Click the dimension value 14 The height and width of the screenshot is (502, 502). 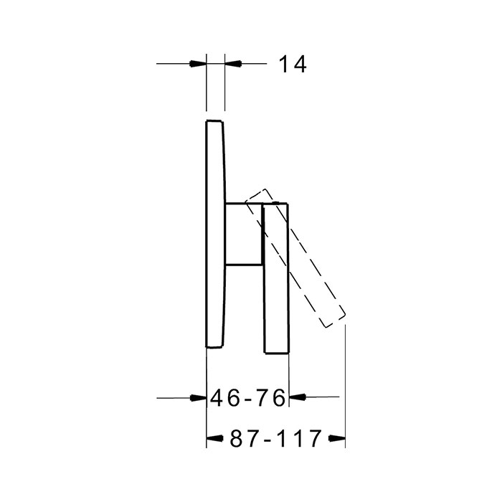pyautogui.click(x=293, y=64)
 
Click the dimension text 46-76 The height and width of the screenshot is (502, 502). pyautogui.click(x=248, y=398)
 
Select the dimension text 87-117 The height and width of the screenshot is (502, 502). pyautogui.click(x=275, y=438)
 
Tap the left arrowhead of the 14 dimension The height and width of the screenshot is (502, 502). pyautogui.click(x=198, y=63)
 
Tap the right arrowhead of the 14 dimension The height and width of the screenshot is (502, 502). pyautogui.click(x=233, y=63)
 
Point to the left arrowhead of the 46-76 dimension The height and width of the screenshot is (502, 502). pyautogui.click(x=198, y=398)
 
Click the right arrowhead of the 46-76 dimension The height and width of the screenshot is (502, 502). pyautogui.click(x=298, y=397)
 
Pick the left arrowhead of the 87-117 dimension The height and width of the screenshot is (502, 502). pyautogui.click(x=215, y=438)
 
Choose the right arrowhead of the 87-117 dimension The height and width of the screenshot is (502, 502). pyautogui.click(x=337, y=438)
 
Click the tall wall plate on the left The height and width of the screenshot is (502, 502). pyautogui.click(x=215, y=234)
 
